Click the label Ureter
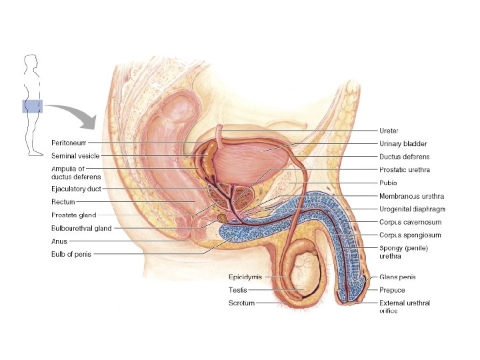point(389,131)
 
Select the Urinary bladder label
point(403,143)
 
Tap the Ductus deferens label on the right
point(404,157)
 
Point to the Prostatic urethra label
point(404,170)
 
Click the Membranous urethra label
point(411,196)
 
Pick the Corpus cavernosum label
point(410,222)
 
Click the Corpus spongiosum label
point(410,235)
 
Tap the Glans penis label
point(397,277)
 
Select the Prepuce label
point(392,290)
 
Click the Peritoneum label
point(69,143)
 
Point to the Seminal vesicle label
point(75,155)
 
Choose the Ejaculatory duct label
point(77,189)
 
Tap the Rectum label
point(63,202)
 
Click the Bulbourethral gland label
point(81,228)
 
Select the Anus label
point(59,241)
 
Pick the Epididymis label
point(245,276)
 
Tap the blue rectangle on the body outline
point(32,107)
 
